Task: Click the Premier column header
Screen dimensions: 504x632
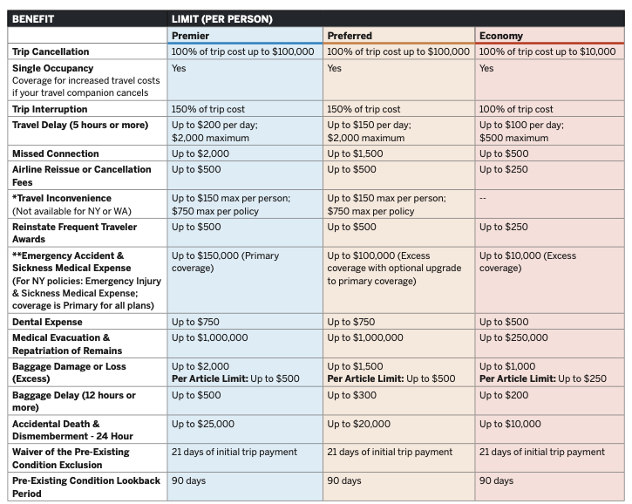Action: pos(190,36)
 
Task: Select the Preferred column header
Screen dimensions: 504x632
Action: pos(350,36)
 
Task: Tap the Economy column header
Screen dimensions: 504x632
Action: pos(500,36)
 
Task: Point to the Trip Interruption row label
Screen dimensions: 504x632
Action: pos(50,109)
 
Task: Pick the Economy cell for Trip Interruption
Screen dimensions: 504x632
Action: pos(516,109)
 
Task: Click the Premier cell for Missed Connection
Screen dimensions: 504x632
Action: pos(201,153)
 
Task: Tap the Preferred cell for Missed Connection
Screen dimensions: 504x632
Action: pos(355,153)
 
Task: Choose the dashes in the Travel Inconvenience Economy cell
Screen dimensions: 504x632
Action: pos(483,198)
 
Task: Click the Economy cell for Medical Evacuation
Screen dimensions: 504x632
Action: pos(513,337)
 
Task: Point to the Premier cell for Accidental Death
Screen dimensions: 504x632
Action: pos(203,424)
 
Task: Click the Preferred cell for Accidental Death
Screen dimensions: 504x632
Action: pos(358,424)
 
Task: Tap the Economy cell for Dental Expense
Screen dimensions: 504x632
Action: pos(504,322)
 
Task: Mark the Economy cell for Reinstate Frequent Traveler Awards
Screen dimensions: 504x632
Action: pos(504,227)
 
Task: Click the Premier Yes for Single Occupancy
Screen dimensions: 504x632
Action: pos(179,68)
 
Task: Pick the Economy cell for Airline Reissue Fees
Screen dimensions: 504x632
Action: pos(504,169)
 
